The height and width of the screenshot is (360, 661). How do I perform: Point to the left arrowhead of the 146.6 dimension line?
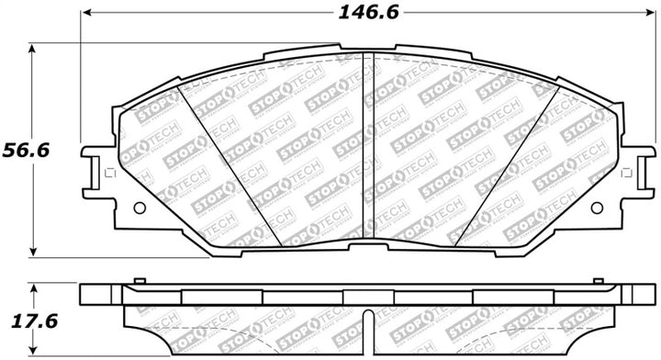tap(85, 14)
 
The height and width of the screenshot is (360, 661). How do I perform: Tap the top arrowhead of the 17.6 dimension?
tap(34, 287)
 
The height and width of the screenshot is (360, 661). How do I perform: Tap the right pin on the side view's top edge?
tap(599, 278)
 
